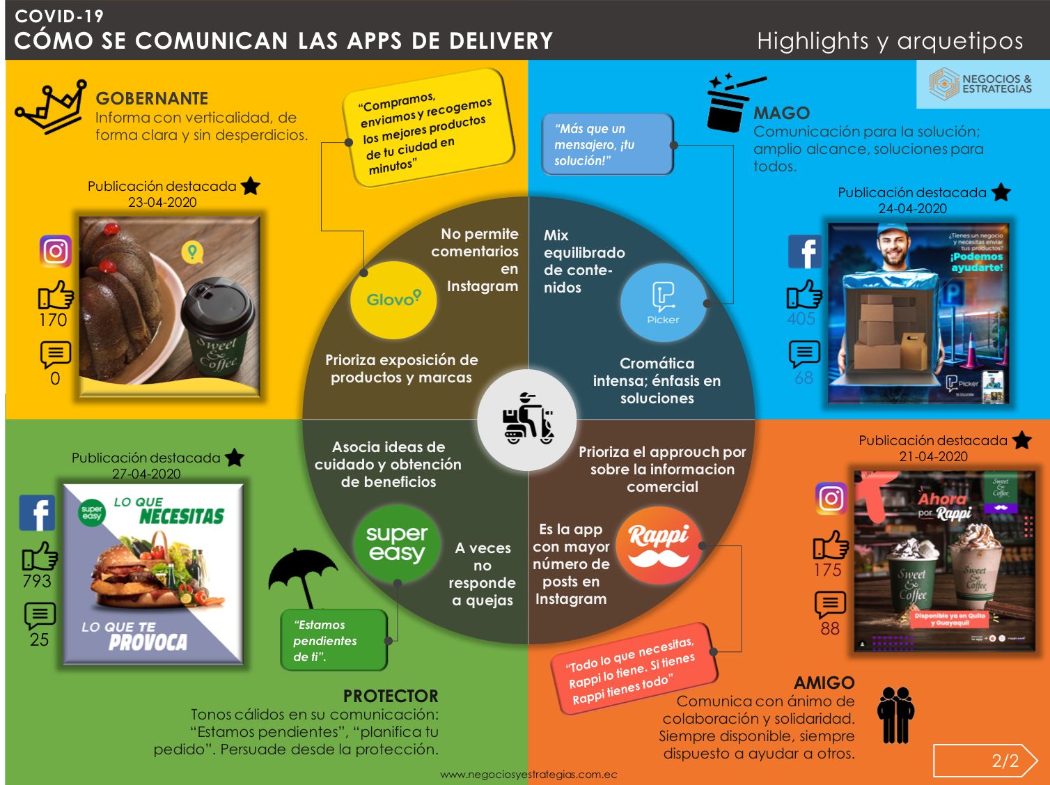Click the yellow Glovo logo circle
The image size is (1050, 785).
point(393,300)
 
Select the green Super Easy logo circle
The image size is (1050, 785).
point(397,543)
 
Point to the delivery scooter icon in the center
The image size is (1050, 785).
point(527,419)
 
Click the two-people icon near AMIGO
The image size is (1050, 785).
point(895,715)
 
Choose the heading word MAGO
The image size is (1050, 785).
point(781,113)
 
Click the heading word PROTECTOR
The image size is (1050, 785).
point(391,696)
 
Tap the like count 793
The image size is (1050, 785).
point(37,581)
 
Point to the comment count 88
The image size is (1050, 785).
point(829,628)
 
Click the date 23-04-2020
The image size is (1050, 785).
point(162,203)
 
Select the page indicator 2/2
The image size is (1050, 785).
point(1005,761)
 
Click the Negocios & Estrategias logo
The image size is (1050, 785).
point(982,84)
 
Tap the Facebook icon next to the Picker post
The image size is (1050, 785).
point(804,251)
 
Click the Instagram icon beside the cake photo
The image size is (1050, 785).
point(56,251)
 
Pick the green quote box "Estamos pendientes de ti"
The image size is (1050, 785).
point(334,640)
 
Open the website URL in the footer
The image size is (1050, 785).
point(528,775)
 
